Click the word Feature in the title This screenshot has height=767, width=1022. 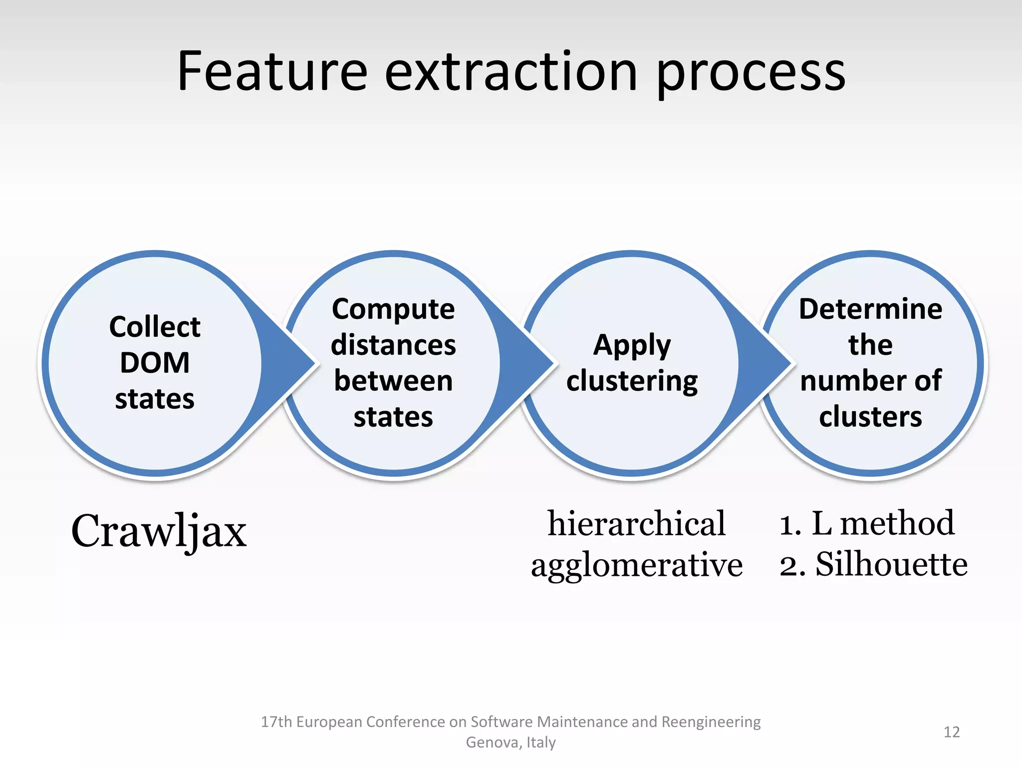pyautogui.click(x=272, y=72)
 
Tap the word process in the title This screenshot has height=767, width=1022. pyautogui.click(x=751, y=75)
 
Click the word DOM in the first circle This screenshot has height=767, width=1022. pyautogui.click(x=155, y=363)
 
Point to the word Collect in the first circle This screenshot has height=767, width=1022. pyautogui.click(x=155, y=327)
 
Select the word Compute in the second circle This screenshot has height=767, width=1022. pyautogui.click(x=393, y=309)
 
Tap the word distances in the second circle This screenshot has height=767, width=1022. pyautogui.click(x=393, y=345)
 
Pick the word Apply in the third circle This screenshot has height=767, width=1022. pyautogui.click(x=632, y=346)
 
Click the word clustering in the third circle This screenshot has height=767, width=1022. pyautogui.click(x=632, y=382)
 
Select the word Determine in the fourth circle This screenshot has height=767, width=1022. pyautogui.click(x=870, y=309)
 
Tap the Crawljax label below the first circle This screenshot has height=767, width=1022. pyautogui.click(x=159, y=531)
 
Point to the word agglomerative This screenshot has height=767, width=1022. pyautogui.click(x=636, y=566)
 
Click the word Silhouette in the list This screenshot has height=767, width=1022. pyautogui.click(x=891, y=564)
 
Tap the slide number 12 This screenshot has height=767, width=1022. pyautogui.click(x=952, y=732)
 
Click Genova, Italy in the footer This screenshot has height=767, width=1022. pyautogui.click(x=511, y=743)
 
